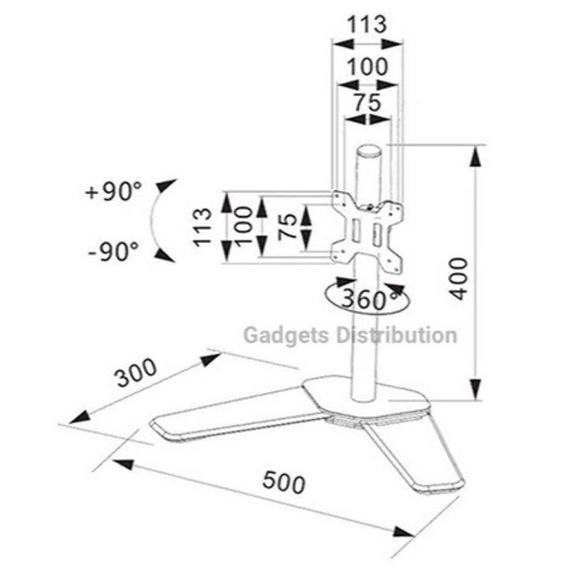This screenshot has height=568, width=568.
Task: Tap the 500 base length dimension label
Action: [284, 482]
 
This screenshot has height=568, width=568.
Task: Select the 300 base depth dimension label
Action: [136, 372]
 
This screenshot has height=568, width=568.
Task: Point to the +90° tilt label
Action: [114, 191]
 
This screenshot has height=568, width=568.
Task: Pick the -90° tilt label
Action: [114, 252]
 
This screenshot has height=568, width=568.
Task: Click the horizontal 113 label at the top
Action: [368, 24]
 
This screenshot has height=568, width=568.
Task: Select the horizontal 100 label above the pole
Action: [368, 66]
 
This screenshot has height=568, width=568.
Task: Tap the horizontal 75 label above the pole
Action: [368, 102]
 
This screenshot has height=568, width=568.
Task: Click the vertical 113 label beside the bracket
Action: [203, 227]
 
